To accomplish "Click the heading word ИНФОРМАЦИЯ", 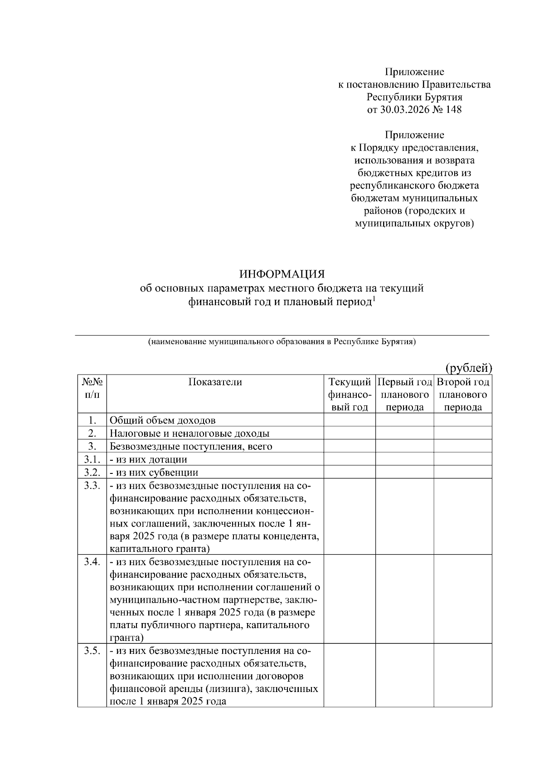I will click(282, 275).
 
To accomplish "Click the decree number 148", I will click(453, 109).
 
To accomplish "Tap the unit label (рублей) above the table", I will click(468, 368).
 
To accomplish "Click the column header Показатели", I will click(215, 382).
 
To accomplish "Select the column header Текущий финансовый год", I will click(350, 394).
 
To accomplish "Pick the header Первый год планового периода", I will click(404, 394).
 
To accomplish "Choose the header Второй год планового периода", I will click(463, 394).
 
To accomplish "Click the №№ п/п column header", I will click(92, 388).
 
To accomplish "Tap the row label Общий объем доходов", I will click(162, 420).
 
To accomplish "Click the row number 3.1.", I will click(92, 459).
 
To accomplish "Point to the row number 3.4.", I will click(92, 562).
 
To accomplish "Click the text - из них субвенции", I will click(154, 473).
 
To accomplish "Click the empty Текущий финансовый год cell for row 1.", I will click(350, 420).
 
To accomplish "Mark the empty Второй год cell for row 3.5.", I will click(463, 675).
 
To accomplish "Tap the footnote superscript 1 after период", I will click(374, 298).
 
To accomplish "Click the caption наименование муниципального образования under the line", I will click(282, 342).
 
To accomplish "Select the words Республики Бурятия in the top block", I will click(414, 97).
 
